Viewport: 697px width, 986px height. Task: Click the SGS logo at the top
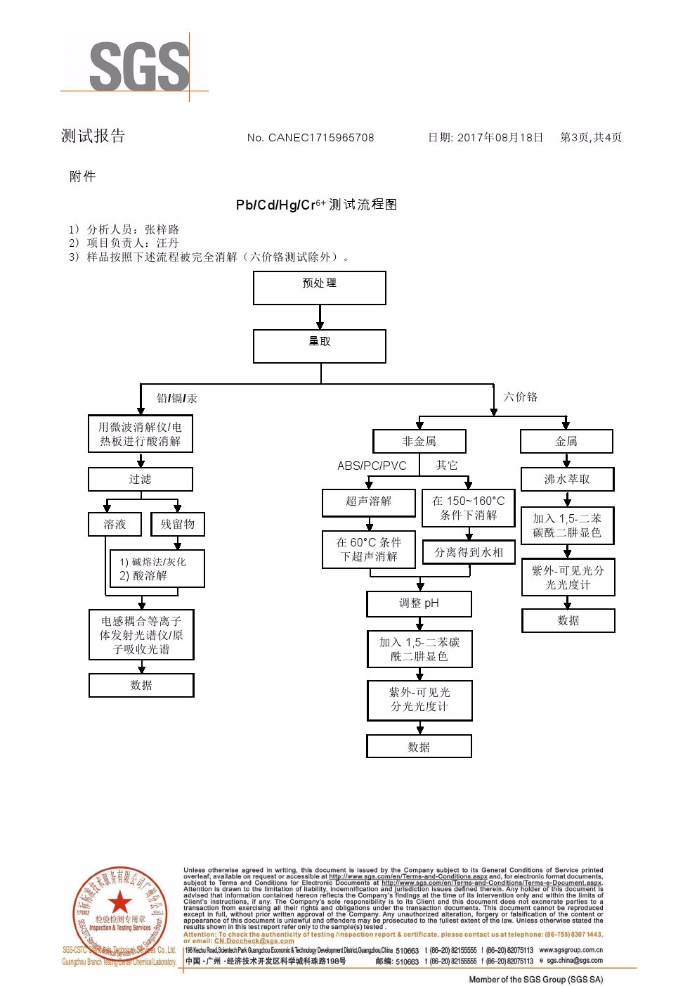139,66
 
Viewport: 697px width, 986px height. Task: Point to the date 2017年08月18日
500,138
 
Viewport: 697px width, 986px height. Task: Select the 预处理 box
320,288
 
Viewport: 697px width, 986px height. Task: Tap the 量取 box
320,346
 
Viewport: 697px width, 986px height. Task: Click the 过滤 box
141,480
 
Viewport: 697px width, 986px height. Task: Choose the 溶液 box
115,524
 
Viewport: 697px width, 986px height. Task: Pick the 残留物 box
178,524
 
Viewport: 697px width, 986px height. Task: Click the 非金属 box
419,441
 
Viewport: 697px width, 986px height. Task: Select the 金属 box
566,441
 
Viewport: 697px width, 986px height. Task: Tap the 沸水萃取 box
567,480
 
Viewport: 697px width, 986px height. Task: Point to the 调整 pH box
419,603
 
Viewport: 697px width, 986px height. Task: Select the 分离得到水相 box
469,552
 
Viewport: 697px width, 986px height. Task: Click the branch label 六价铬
521,397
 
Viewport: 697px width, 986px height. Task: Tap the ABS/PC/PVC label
372,466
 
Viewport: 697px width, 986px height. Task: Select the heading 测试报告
93,136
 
